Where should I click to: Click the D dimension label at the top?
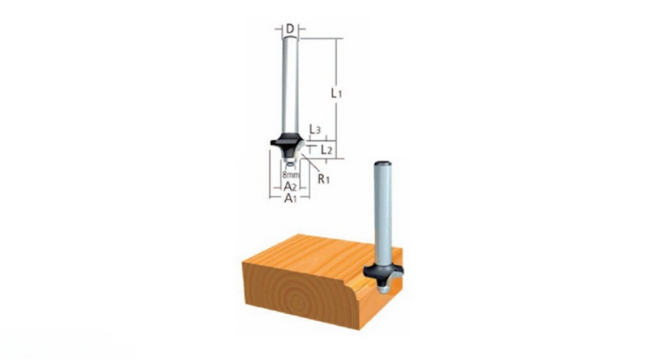coord(289,29)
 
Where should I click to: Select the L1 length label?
coord(335,93)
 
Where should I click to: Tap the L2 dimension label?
coord(326,150)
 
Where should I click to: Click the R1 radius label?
coord(323,179)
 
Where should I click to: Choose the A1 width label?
coord(289,197)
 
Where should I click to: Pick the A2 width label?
coord(289,186)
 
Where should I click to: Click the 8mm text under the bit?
coord(289,174)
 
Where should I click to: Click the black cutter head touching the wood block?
coord(383,273)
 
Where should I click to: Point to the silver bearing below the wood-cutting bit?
coord(383,287)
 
